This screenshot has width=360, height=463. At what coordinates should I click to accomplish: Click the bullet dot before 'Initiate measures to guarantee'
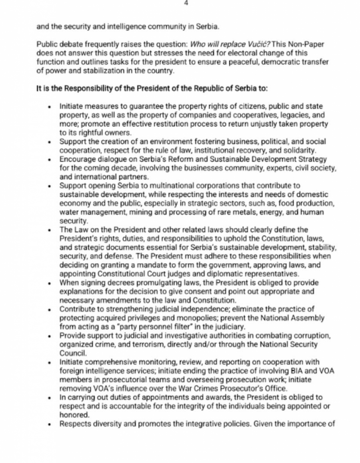(x=49, y=107)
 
